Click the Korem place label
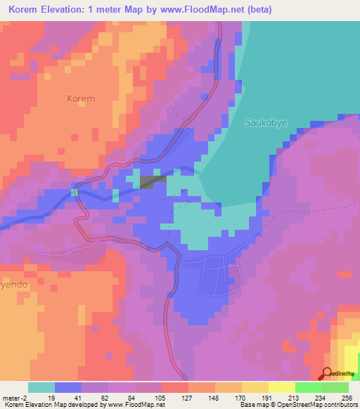(81, 99)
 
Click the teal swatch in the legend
(41, 387)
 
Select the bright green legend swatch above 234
(308, 387)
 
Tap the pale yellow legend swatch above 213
(281, 387)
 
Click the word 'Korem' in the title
(26, 10)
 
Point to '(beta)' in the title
(258, 10)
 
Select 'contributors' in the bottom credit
(339, 405)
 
